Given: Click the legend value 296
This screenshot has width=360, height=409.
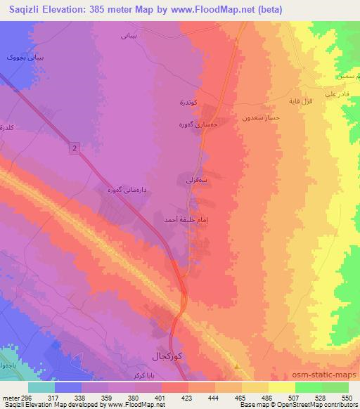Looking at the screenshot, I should pos(26,396).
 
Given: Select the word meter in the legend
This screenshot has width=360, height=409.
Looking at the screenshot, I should pos(8,396).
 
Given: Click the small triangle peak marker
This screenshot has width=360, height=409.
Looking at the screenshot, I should pos(238,366).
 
